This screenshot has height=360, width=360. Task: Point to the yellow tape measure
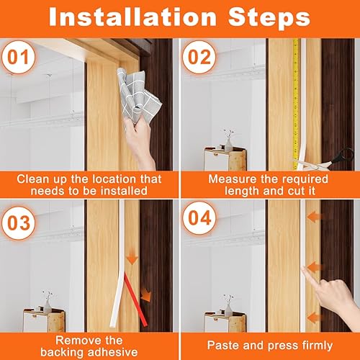coord(295,101)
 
